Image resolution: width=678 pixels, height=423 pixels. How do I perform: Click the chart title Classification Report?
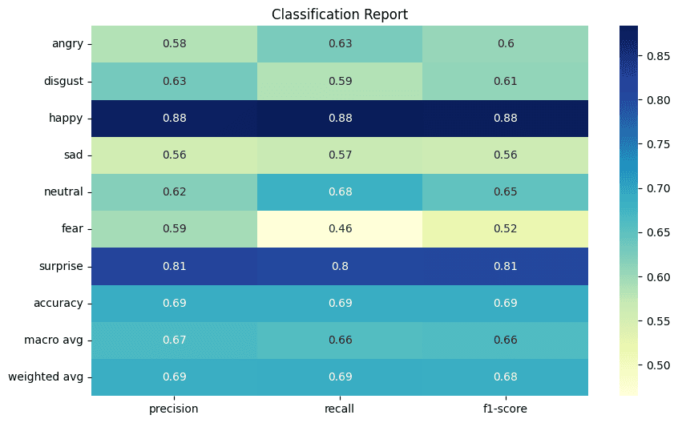coord(339,14)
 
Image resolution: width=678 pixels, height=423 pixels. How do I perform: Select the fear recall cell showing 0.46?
coord(339,228)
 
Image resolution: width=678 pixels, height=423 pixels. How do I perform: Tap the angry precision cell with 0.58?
coord(174,43)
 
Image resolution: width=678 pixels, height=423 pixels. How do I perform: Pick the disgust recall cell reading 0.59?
coord(339,81)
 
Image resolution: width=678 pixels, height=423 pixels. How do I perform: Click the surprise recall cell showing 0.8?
coord(339,266)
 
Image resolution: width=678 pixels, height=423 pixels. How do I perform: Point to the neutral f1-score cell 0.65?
coord(505,191)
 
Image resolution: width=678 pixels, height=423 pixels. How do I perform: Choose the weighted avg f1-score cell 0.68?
coord(505,377)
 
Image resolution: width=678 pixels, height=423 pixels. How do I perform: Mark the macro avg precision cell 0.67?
coord(174,340)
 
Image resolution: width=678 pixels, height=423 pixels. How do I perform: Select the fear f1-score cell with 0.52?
coord(505,228)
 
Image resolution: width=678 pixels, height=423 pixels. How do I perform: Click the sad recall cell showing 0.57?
coord(339,155)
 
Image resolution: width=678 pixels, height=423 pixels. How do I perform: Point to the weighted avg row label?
coord(46,377)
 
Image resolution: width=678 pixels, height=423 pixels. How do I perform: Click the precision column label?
coord(174,409)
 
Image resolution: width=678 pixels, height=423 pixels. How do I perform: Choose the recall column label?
coord(339,409)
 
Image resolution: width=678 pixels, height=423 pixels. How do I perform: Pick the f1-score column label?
coord(505,409)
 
